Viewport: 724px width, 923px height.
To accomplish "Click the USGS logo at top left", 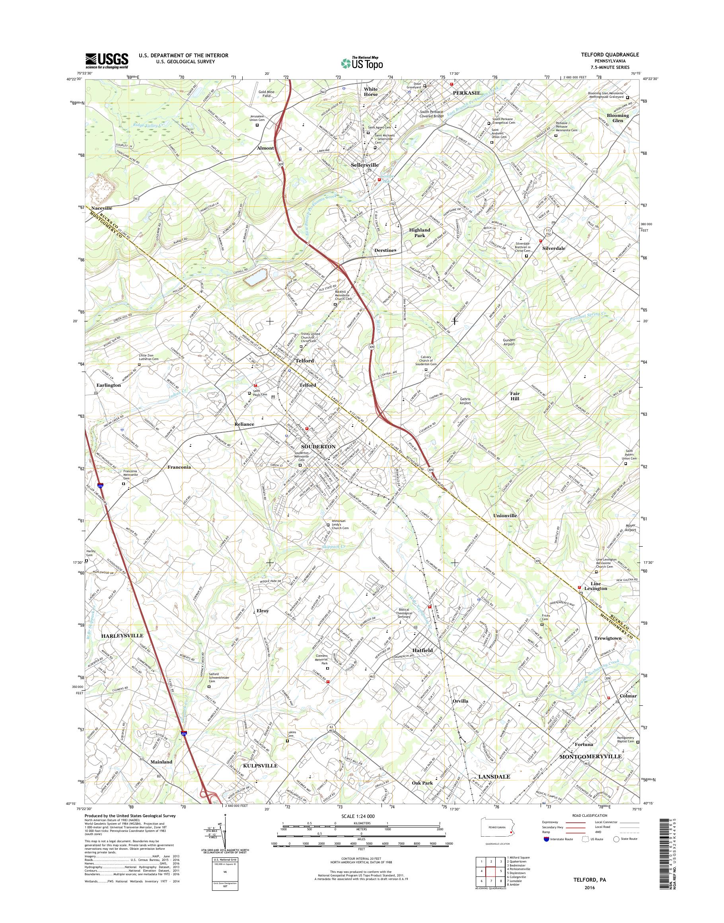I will pos(107,60).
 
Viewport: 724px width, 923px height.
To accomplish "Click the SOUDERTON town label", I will pos(318,447).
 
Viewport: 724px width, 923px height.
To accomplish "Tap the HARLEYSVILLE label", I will pos(122,636).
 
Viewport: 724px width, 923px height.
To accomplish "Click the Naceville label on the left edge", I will pos(101,208).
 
